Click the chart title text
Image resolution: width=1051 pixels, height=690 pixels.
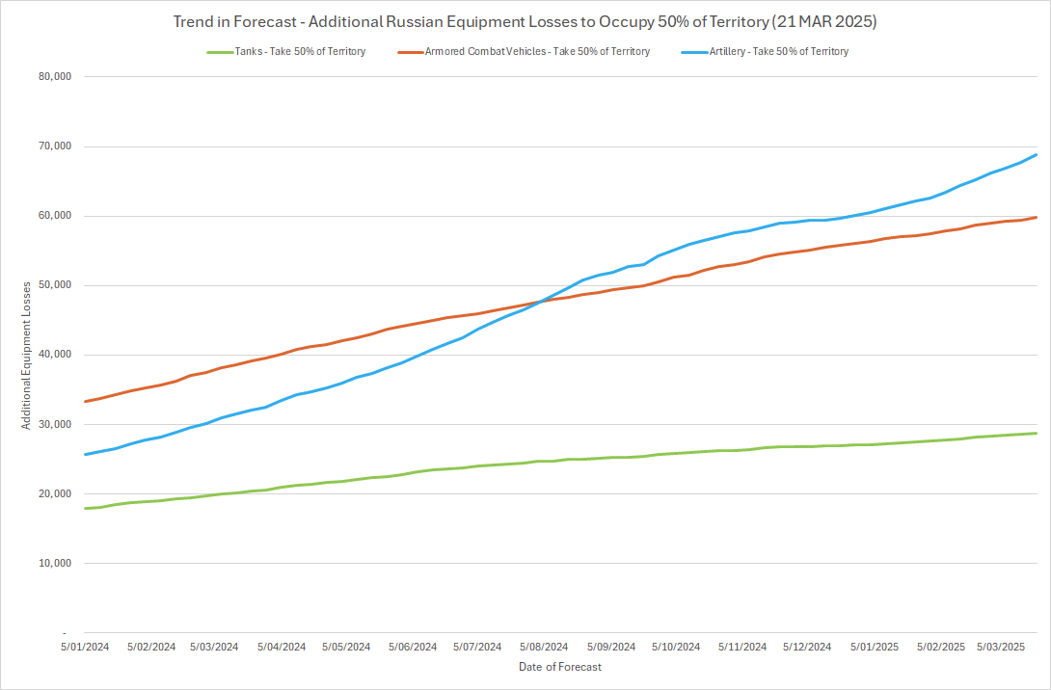click(x=525, y=21)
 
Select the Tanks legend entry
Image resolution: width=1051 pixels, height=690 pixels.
click(x=285, y=51)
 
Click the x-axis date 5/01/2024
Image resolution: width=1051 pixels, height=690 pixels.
click(x=85, y=647)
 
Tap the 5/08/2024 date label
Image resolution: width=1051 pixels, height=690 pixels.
click(x=544, y=647)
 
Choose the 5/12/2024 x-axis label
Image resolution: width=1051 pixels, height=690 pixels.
click(x=806, y=647)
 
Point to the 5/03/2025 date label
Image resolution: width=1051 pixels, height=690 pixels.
click(x=1003, y=647)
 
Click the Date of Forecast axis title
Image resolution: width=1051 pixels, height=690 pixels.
click(x=559, y=667)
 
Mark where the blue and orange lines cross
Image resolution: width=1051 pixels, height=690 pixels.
click(x=540, y=302)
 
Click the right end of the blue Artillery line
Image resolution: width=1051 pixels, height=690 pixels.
click(x=1037, y=154)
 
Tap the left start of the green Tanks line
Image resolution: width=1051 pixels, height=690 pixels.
click(x=86, y=508)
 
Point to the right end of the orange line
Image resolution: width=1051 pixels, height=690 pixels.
click(x=1037, y=217)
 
